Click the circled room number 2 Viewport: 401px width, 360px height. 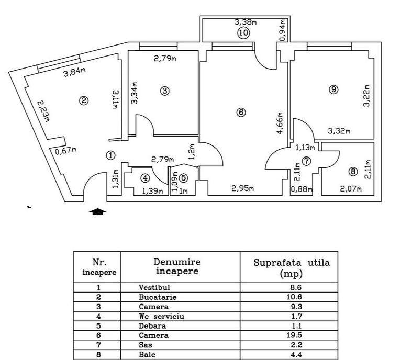click(x=83, y=101)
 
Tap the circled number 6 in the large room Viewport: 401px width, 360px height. click(x=241, y=111)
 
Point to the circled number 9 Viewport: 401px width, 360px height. click(x=333, y=89)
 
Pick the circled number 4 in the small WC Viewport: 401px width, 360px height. click(x=145, y=177)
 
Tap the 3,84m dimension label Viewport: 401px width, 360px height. click(x=75, y=73)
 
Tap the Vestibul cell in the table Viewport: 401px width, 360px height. click(x=154, y=288)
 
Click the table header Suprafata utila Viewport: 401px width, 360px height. click(x=292, y=263)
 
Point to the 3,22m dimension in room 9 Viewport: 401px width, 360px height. click(x=367, y=96)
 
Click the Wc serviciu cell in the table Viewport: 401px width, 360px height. click(x=161, y=317)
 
